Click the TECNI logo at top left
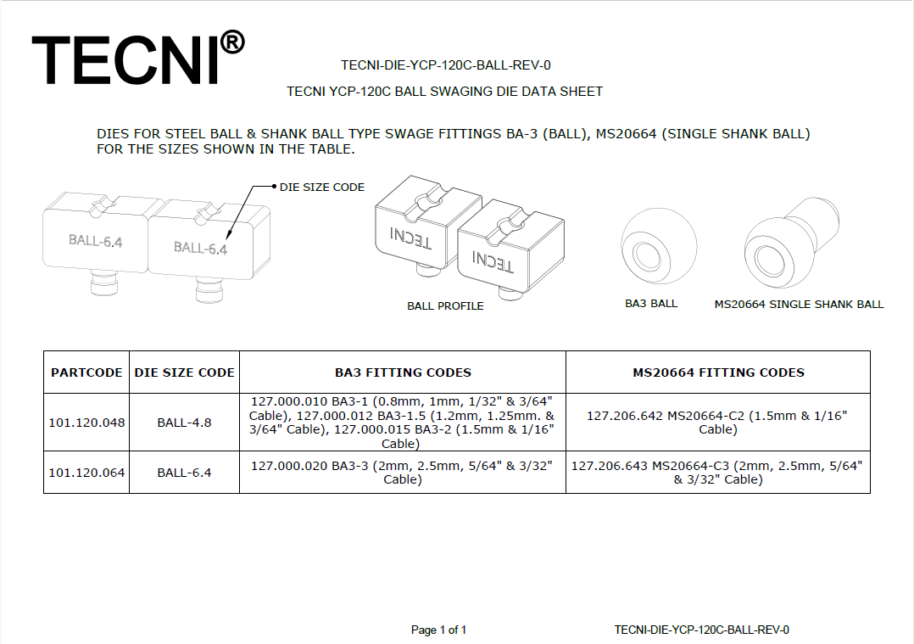coord(127,59)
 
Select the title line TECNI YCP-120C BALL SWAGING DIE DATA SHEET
coord(445,91)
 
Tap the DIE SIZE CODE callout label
coord(322,187)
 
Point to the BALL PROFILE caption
coord(445,305)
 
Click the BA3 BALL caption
coord(651,303)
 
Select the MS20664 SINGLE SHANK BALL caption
coord(799,304)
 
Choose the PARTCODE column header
coord(86,372)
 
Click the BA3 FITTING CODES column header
coord(403,372)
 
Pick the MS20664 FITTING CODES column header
coord(718,372)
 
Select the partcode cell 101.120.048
coord(86,422)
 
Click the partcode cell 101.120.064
coord(86,473)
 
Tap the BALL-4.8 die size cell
coord(184,422)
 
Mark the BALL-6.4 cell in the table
coord(184,473)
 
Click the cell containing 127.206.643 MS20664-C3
coord(718,473)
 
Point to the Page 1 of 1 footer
coord(438,630)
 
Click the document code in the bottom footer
coord(701,630)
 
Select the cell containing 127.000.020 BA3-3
coord(402,473)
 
